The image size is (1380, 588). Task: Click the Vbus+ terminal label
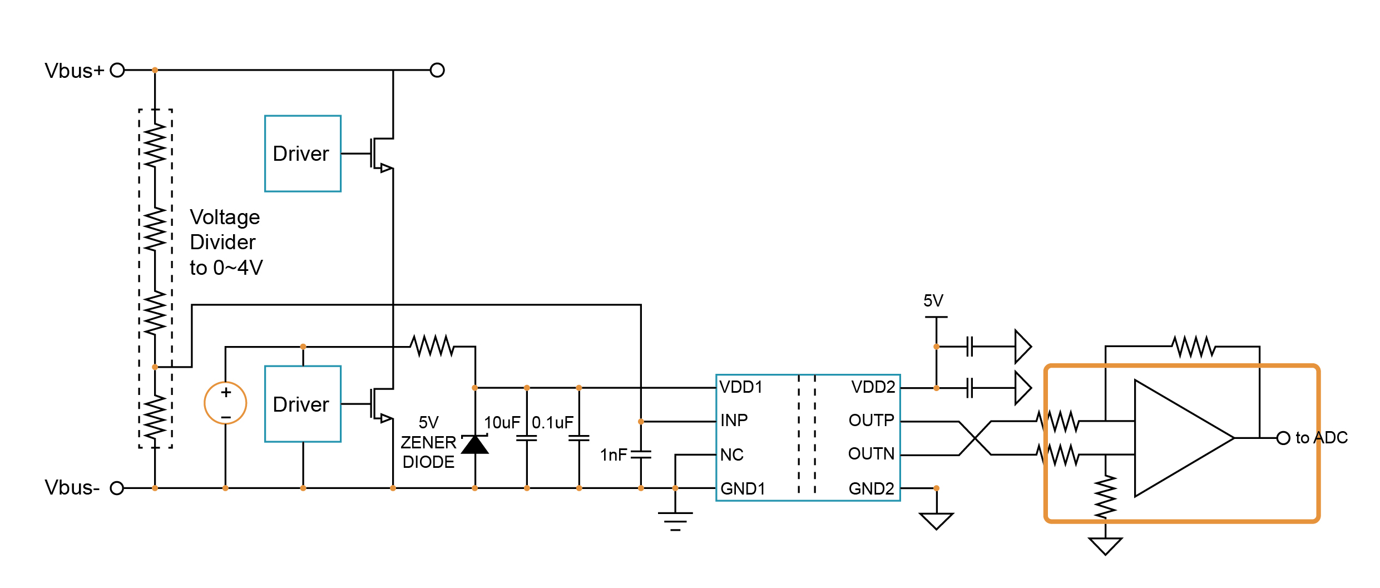74,71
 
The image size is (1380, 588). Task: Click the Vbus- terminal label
72,488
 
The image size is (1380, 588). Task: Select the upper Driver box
303,154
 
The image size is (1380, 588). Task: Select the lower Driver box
303,404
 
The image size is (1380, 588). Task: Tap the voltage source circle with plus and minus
225,403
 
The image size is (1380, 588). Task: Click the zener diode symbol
475,444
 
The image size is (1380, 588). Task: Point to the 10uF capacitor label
502,423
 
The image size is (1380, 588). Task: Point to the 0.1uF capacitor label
552,423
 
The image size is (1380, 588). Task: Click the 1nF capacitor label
614,455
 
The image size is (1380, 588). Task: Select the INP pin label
734,421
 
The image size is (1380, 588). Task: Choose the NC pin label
731,455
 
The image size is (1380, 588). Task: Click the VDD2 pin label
873,387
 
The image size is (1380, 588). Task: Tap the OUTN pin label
871,454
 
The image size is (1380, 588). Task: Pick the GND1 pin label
743,489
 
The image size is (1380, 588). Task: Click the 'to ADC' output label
1321,438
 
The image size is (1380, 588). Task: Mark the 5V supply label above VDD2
933,301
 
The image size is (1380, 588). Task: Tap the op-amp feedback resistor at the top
1194,347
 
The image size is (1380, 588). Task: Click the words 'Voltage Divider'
224,229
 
